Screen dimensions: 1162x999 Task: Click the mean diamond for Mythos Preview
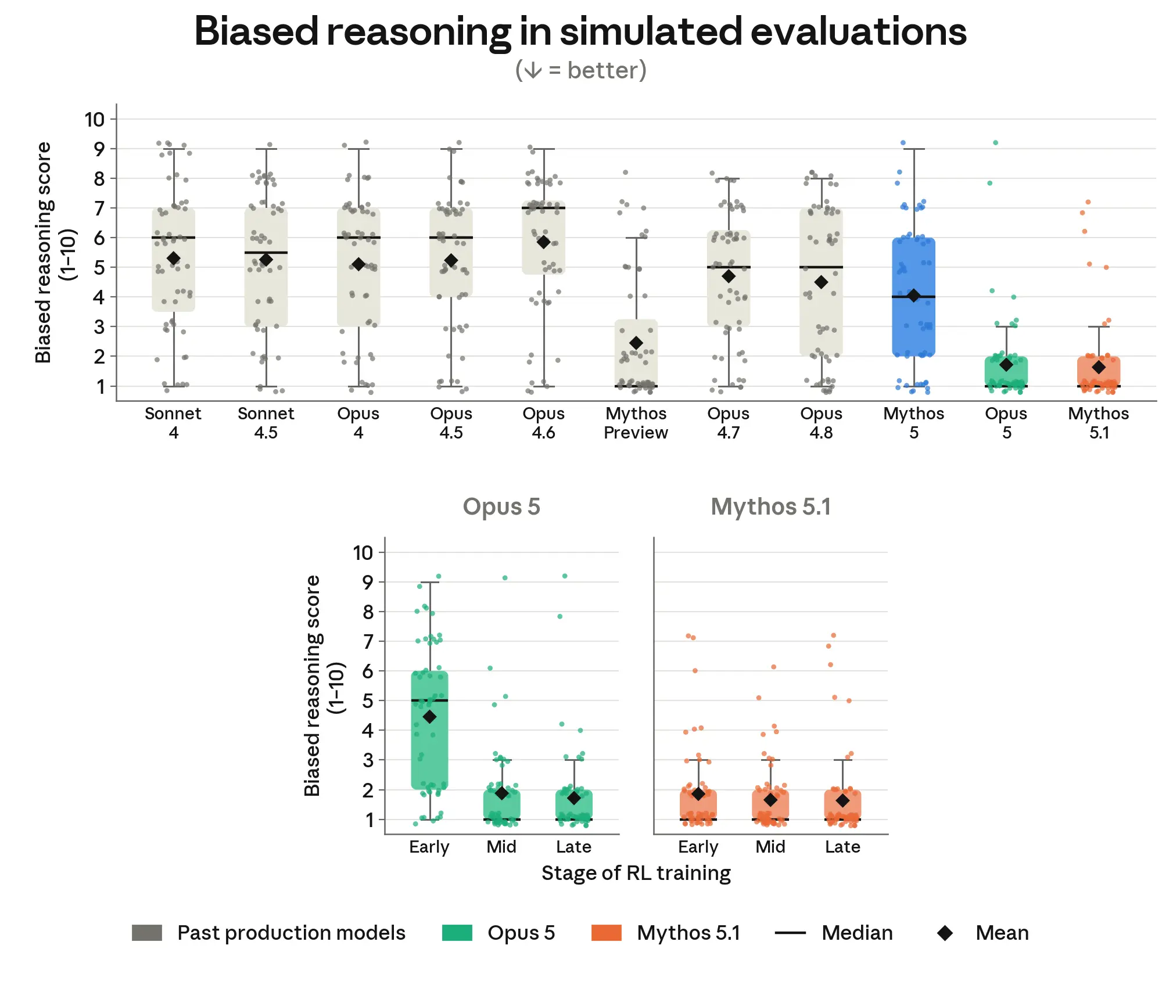[x=636, y=343]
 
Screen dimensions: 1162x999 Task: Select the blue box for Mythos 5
[x=914, y=297]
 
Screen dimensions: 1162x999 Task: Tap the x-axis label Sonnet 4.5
[x=266, y=423]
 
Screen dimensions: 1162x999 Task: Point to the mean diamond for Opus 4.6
[x=543, y=242]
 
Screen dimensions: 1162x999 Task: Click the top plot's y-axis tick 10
[x=95, y=120]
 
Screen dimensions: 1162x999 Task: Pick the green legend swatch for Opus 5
[x=457, y=933]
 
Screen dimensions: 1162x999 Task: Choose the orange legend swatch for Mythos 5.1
[x=607, y=933]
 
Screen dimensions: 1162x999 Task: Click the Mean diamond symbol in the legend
[x=945, y=933]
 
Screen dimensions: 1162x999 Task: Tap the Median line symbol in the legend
[x=790, y=933]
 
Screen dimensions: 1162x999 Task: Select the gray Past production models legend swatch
[x=147, y=933]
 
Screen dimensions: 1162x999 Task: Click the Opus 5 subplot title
[x=501, y=507]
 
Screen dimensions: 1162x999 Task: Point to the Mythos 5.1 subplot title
[x=771, y=507]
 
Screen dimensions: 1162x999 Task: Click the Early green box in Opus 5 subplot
[x=429, y=730]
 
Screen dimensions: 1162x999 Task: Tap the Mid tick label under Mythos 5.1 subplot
[x=770, y=847]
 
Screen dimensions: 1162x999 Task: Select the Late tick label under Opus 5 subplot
[x=574, y=847]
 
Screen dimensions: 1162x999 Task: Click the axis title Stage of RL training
[x=636, y=874]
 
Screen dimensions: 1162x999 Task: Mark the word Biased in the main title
[x=256, y=31]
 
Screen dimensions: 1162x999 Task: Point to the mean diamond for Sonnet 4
[x=173, y=258]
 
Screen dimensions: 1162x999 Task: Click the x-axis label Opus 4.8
[x=821, y=423]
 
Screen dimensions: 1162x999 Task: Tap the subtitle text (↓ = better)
[x=581, y=70]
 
